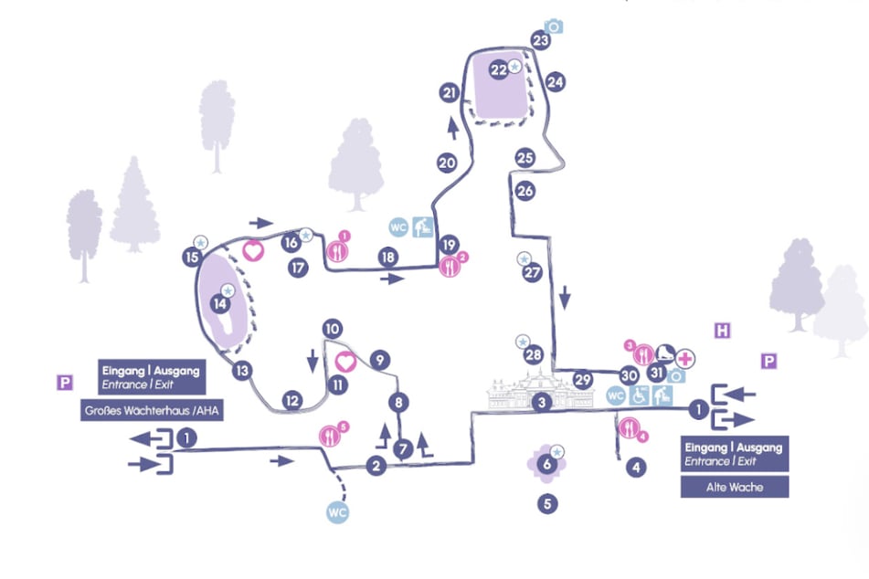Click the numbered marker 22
click(x=498, y=69)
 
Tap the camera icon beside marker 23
click(x=554, y=26)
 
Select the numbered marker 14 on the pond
click(x=219, y=303)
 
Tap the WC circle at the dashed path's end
click(x=338, y=512)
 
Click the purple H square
click(x=722, y=330)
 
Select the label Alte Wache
click(x=735, y=487)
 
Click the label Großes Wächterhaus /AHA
click(x=152, y=411)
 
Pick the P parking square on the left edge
click(x=64, y=383)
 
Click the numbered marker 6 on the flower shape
click(x=546, y=466)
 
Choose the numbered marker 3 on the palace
click(x=542, y=402)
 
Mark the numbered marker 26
click(x=525, y=191)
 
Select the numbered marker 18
click(x=388, y=258)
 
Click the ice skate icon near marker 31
click(x=666, y=353)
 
